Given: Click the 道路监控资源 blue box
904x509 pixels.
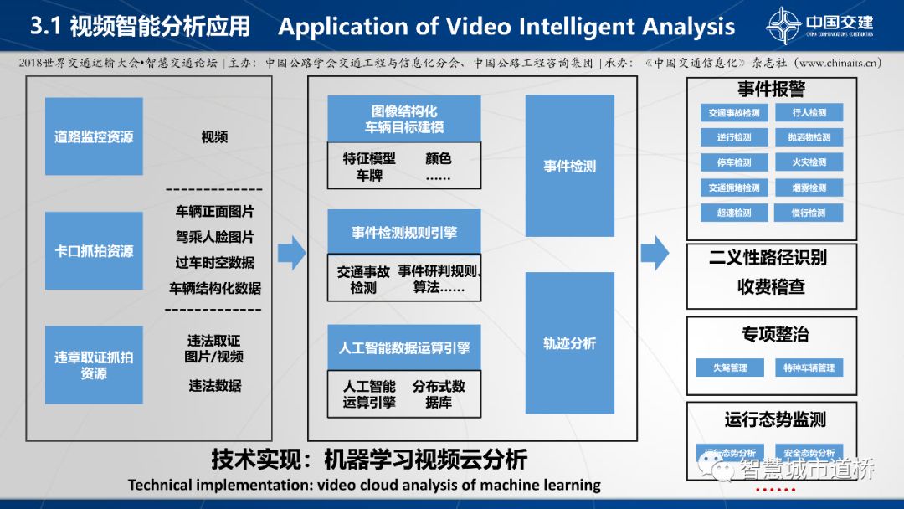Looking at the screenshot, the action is coord(94,137).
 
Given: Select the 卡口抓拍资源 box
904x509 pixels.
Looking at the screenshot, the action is coord(94,250).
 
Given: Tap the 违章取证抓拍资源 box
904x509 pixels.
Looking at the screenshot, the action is coord(94,365).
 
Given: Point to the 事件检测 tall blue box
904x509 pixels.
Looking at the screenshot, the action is coord(569,166).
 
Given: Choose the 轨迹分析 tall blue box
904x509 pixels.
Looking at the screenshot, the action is coord(569,343).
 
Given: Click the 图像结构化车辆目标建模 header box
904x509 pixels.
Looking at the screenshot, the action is coord(403,119).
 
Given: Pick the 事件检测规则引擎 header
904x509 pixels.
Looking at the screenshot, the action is coord(403,232).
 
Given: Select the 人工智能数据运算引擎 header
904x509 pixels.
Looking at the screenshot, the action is coord(403,347).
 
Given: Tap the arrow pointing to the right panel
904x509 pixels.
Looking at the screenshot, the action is coord(655,252).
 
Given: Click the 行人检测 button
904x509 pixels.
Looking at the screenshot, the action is coord(809,113).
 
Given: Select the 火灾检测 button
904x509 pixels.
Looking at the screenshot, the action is coord(809,162).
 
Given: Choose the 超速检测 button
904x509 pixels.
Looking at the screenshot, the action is coord(734,213).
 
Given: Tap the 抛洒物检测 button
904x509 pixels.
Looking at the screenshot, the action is coord(809,137).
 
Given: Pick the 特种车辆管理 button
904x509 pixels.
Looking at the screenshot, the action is coord(809,368).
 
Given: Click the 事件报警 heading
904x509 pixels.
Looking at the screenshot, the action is coord(771,90).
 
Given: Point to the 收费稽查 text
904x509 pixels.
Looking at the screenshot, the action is coord(771,286).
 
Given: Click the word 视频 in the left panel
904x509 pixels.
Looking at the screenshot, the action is coord(214,137).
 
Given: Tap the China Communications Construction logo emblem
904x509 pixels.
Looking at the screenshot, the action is coord(783,25).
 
